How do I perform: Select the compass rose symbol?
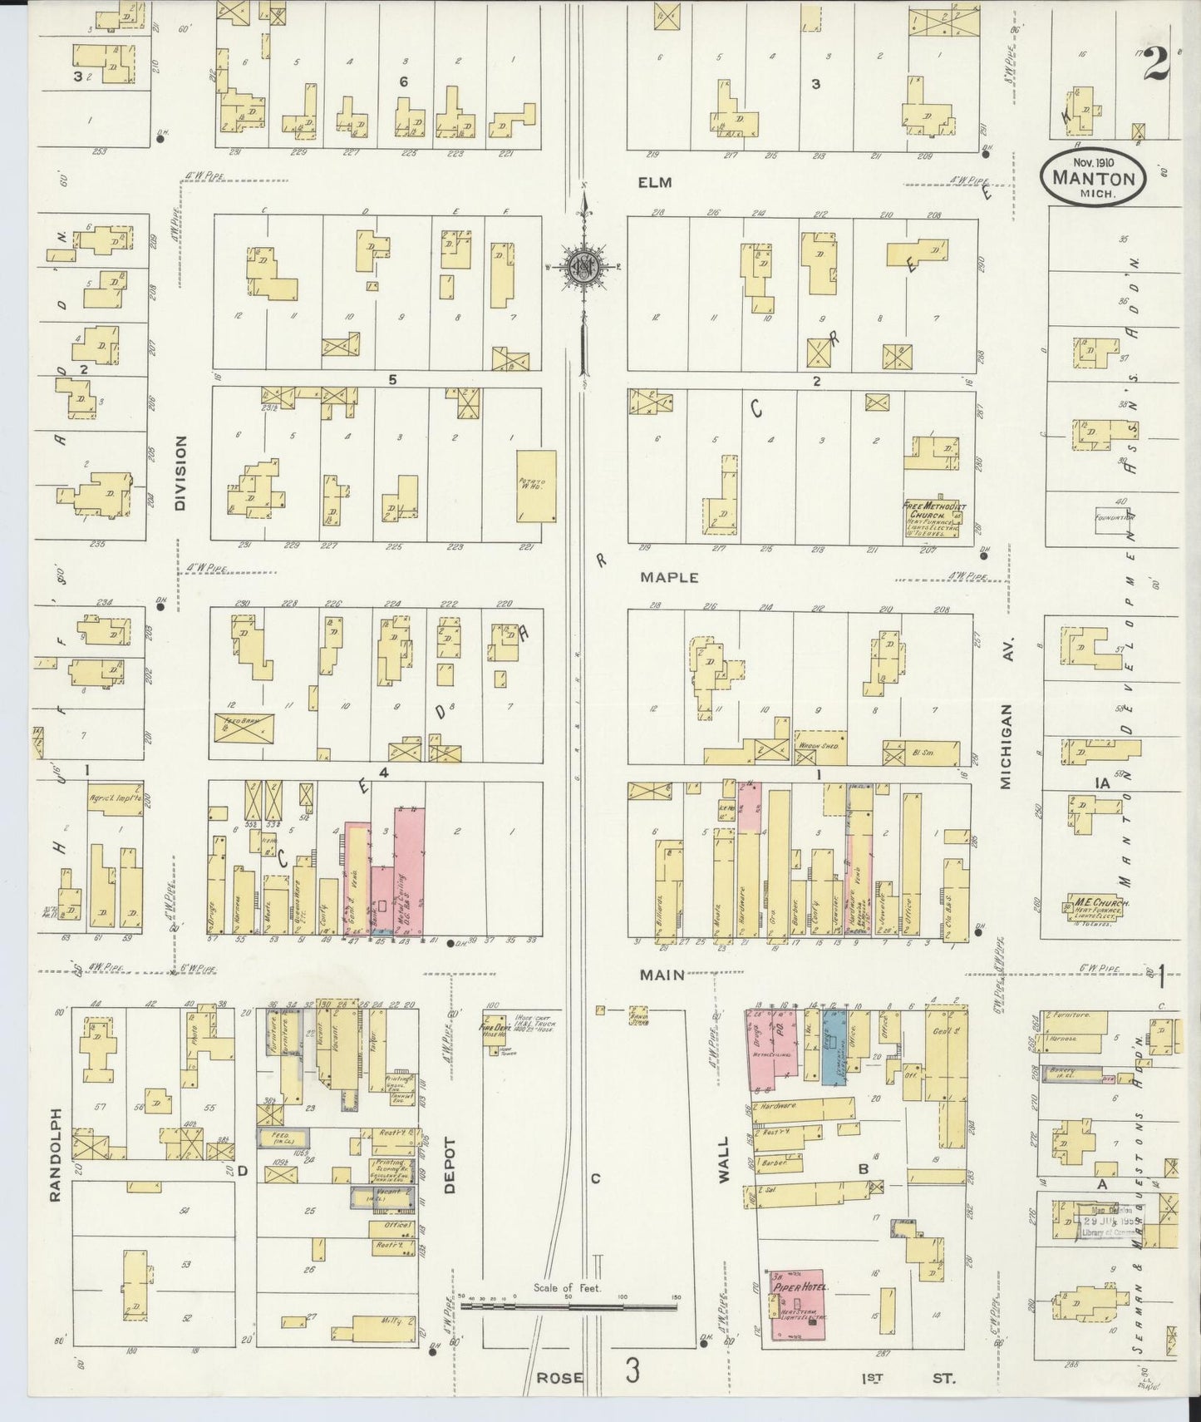click(x=587, y=265)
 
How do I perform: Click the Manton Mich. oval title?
click(x=1093, y=176)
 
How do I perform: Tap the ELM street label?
click(x=655, y=183)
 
